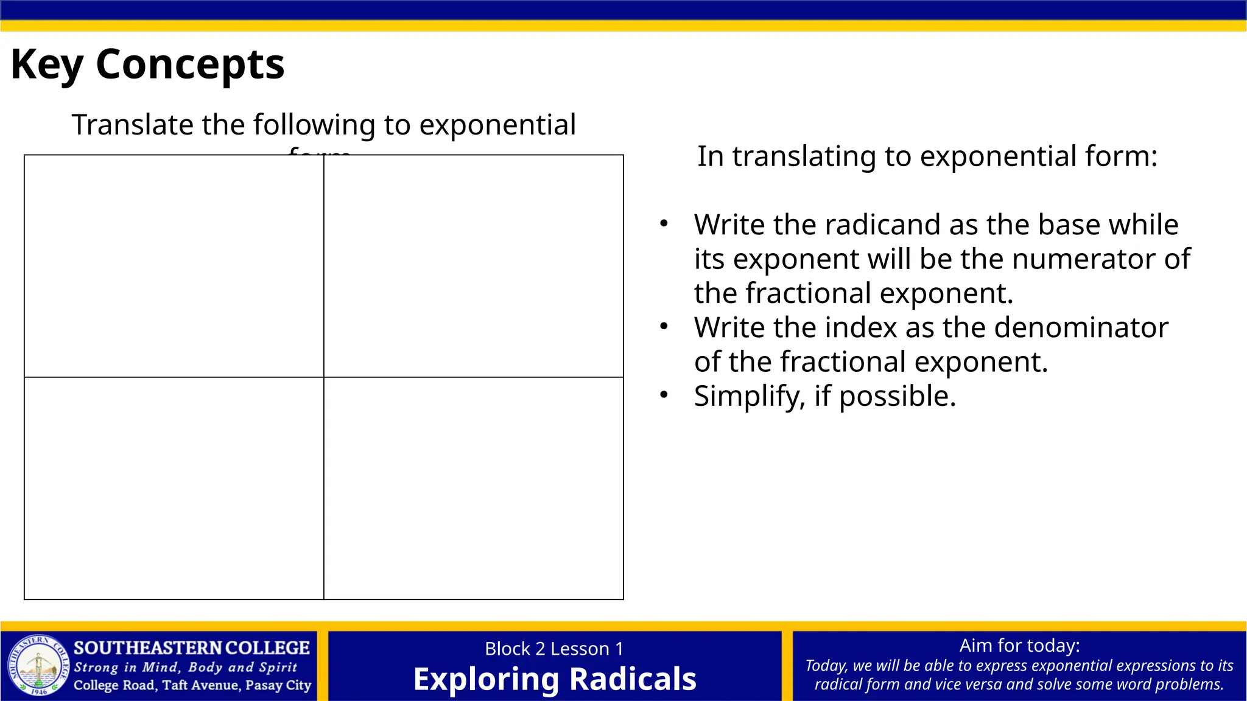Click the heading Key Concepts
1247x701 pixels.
147,65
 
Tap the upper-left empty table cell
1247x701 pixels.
174,266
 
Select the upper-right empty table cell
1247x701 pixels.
473,266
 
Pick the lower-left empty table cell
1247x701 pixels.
174,488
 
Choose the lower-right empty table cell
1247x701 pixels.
473,488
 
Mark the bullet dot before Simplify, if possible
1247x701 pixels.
664,395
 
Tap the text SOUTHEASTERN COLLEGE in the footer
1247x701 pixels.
192,647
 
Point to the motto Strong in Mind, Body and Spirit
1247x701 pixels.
186,667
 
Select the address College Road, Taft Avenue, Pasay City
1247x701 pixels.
192,685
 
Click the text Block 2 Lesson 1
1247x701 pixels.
554,649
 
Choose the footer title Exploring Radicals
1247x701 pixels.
554,679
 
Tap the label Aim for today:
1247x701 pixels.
1019,645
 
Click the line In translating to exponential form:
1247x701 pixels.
927,156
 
